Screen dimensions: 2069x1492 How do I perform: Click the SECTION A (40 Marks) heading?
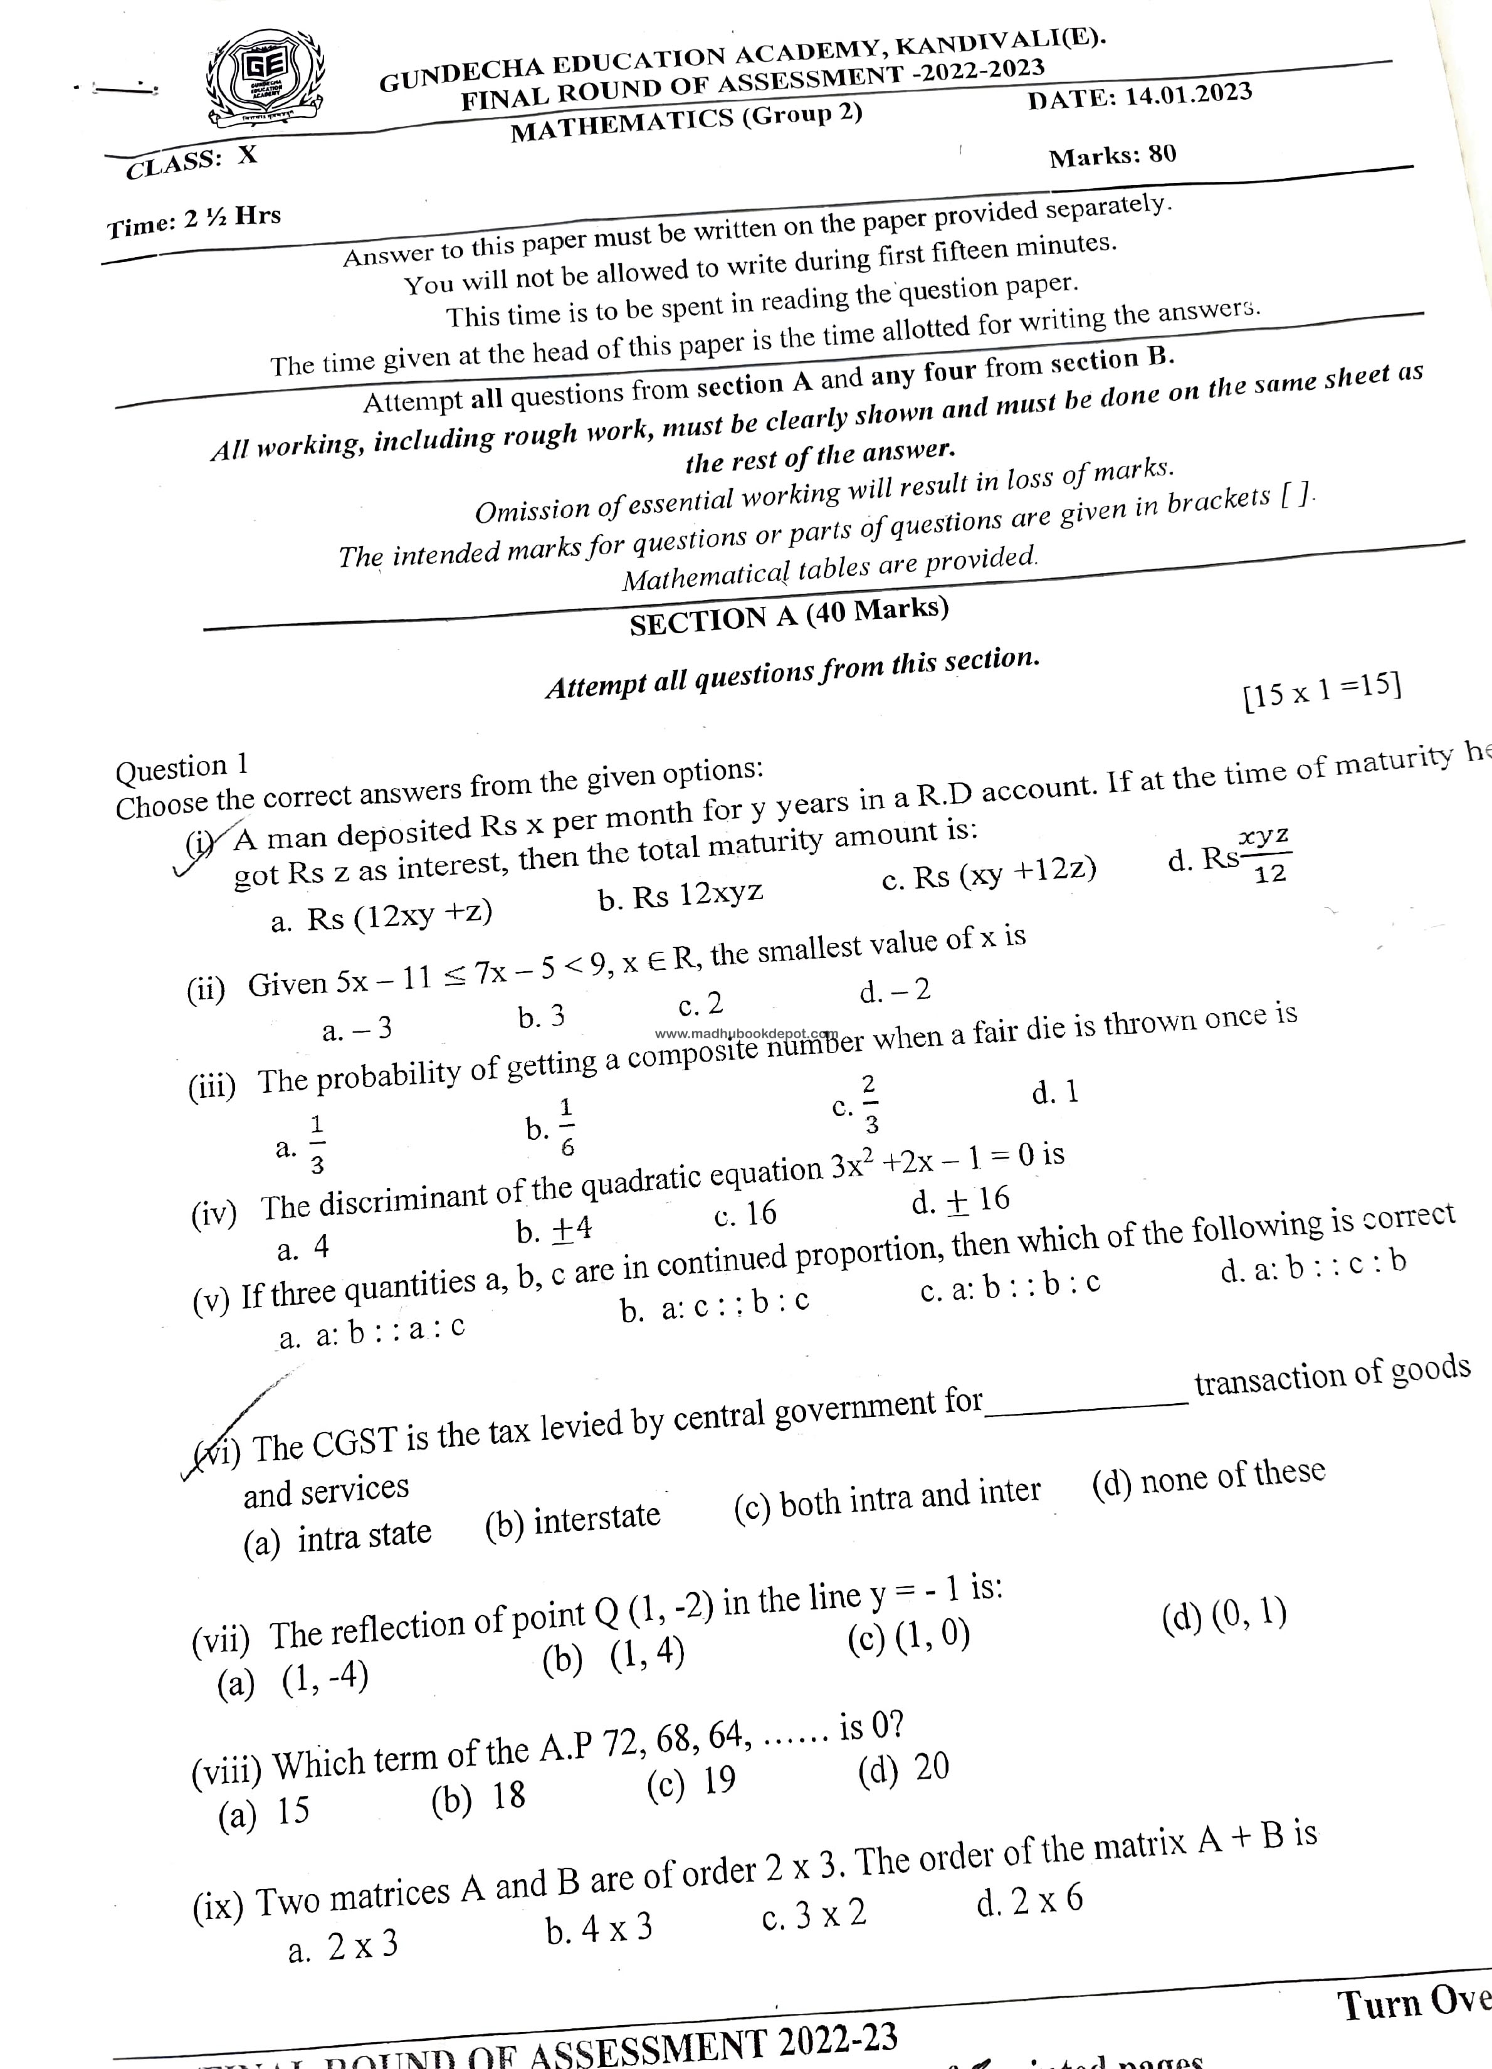[789, 616]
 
